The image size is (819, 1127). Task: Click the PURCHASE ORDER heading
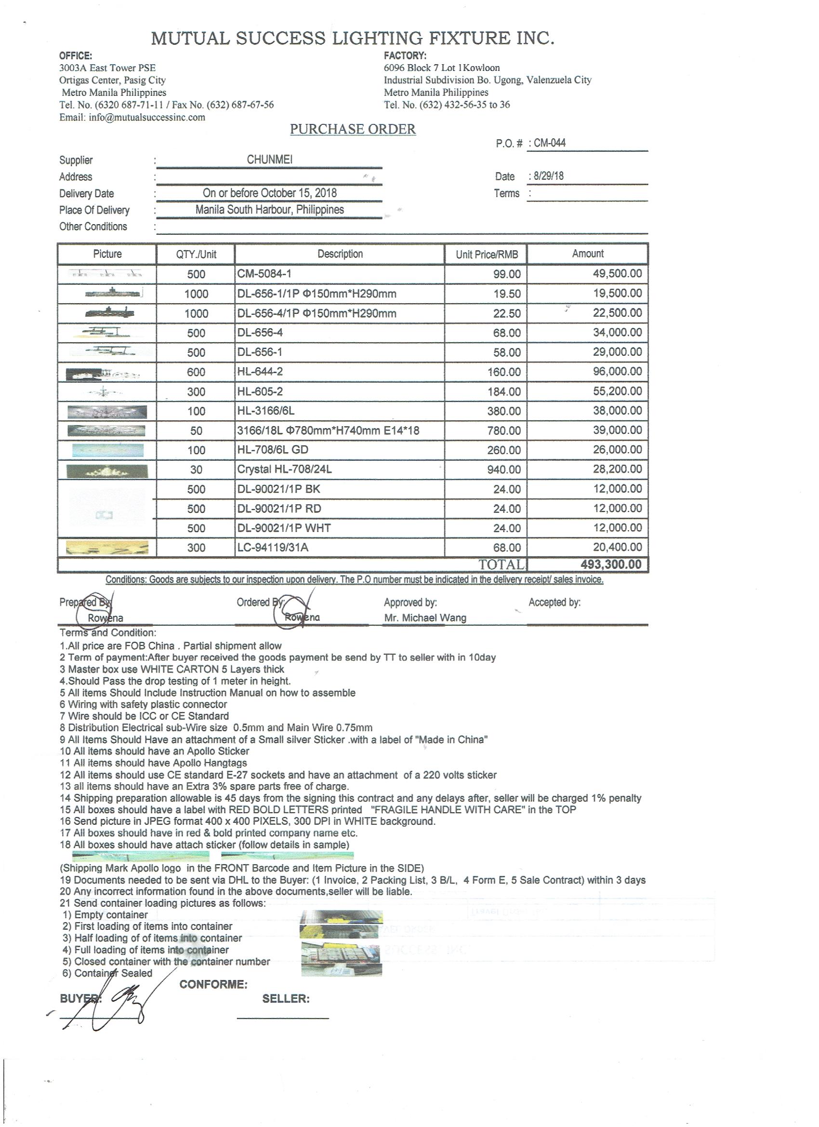[x=353, y=129]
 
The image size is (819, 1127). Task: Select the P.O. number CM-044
[x=549, y=143]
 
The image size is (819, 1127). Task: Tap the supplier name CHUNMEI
[x=270, y=160]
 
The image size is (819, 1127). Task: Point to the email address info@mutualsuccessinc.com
[x=146, y=117]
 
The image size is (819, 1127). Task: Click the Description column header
[x=340, y=254]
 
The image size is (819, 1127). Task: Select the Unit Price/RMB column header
[x=487, y=255]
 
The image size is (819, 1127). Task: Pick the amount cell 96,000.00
[x=617, y=371]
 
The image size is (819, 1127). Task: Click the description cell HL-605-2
[x=260, y=391]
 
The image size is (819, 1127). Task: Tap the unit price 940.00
[x=503, y=470]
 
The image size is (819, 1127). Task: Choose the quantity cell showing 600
[x=196, y=372]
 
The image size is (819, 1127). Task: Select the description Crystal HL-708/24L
[x=285, y=469]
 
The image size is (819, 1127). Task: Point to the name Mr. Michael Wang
[x=425, y=617]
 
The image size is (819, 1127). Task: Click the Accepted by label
[x=555, y=602]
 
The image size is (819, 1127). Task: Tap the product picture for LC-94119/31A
[x=107, y=548]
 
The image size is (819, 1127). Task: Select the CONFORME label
[x=213, y=984]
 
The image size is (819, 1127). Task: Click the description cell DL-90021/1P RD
[x=279, y=509]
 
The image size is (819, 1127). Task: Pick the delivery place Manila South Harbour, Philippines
[x=270, y=210]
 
